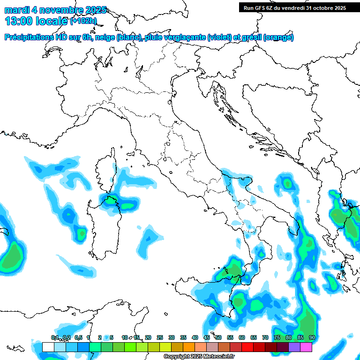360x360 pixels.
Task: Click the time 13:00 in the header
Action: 19,21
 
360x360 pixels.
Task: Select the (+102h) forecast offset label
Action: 83,21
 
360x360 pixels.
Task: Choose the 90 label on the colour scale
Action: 312,337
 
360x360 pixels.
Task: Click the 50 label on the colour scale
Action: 218,337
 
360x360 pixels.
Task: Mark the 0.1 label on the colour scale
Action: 55,337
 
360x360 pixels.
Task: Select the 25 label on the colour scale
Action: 160,337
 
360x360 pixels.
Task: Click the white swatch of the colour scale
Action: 48,347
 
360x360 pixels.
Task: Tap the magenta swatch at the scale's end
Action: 306,347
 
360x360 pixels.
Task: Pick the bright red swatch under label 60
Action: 247,347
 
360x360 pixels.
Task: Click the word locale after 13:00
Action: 52,21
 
